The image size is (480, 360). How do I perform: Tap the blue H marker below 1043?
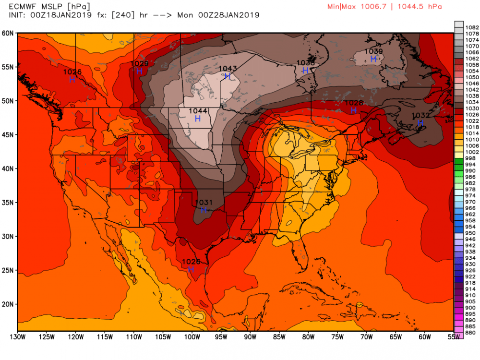coord(228,76)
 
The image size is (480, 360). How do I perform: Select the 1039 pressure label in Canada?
coord(373,51)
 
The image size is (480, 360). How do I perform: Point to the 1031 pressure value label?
coord(204,203)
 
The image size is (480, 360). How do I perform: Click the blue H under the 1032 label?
coord(420,123)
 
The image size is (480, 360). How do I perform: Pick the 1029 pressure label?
coord(139,63)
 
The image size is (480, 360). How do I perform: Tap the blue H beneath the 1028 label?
coord(353,110)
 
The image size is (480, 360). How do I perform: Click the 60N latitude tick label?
coord(8,33)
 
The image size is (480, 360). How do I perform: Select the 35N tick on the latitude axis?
coord(8,203)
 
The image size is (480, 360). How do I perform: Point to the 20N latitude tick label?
coord(8,304)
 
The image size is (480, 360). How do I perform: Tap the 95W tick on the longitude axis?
coord(221,336)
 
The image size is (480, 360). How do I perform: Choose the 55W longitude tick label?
coord(453,336)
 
